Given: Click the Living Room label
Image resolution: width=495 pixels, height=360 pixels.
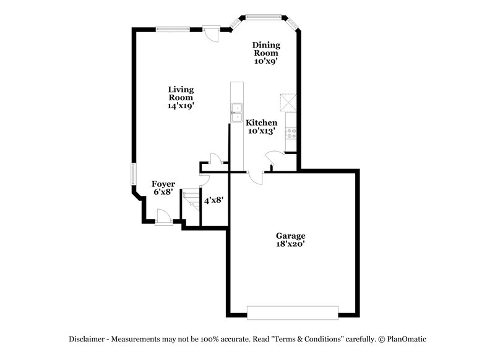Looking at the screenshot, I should point(181,93).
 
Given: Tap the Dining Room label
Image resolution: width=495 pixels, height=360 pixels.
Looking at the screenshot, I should point(266,49).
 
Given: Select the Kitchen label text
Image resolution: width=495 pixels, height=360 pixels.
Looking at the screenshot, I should point(262,123).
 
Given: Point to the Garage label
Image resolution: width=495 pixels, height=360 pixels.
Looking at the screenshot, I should point(290,236).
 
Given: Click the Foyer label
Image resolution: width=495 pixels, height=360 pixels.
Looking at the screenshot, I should point(164,184).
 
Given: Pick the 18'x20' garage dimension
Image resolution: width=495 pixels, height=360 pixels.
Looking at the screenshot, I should point(290,244).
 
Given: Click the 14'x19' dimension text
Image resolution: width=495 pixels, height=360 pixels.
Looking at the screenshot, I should point(181,106).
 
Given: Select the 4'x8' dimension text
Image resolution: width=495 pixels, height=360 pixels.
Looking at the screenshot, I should point(213,200).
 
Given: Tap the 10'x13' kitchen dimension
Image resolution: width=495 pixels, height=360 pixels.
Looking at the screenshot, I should point(262,131).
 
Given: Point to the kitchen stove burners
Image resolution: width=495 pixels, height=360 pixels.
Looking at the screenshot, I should point(291,132).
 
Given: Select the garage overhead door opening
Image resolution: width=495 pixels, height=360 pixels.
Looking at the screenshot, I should point(293,312).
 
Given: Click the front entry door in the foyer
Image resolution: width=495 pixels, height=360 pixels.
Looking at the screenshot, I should point(163,216).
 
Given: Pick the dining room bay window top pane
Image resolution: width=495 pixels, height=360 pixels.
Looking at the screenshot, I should point(264,17).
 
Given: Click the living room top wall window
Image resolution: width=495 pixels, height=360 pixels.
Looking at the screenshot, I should point(173,28).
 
